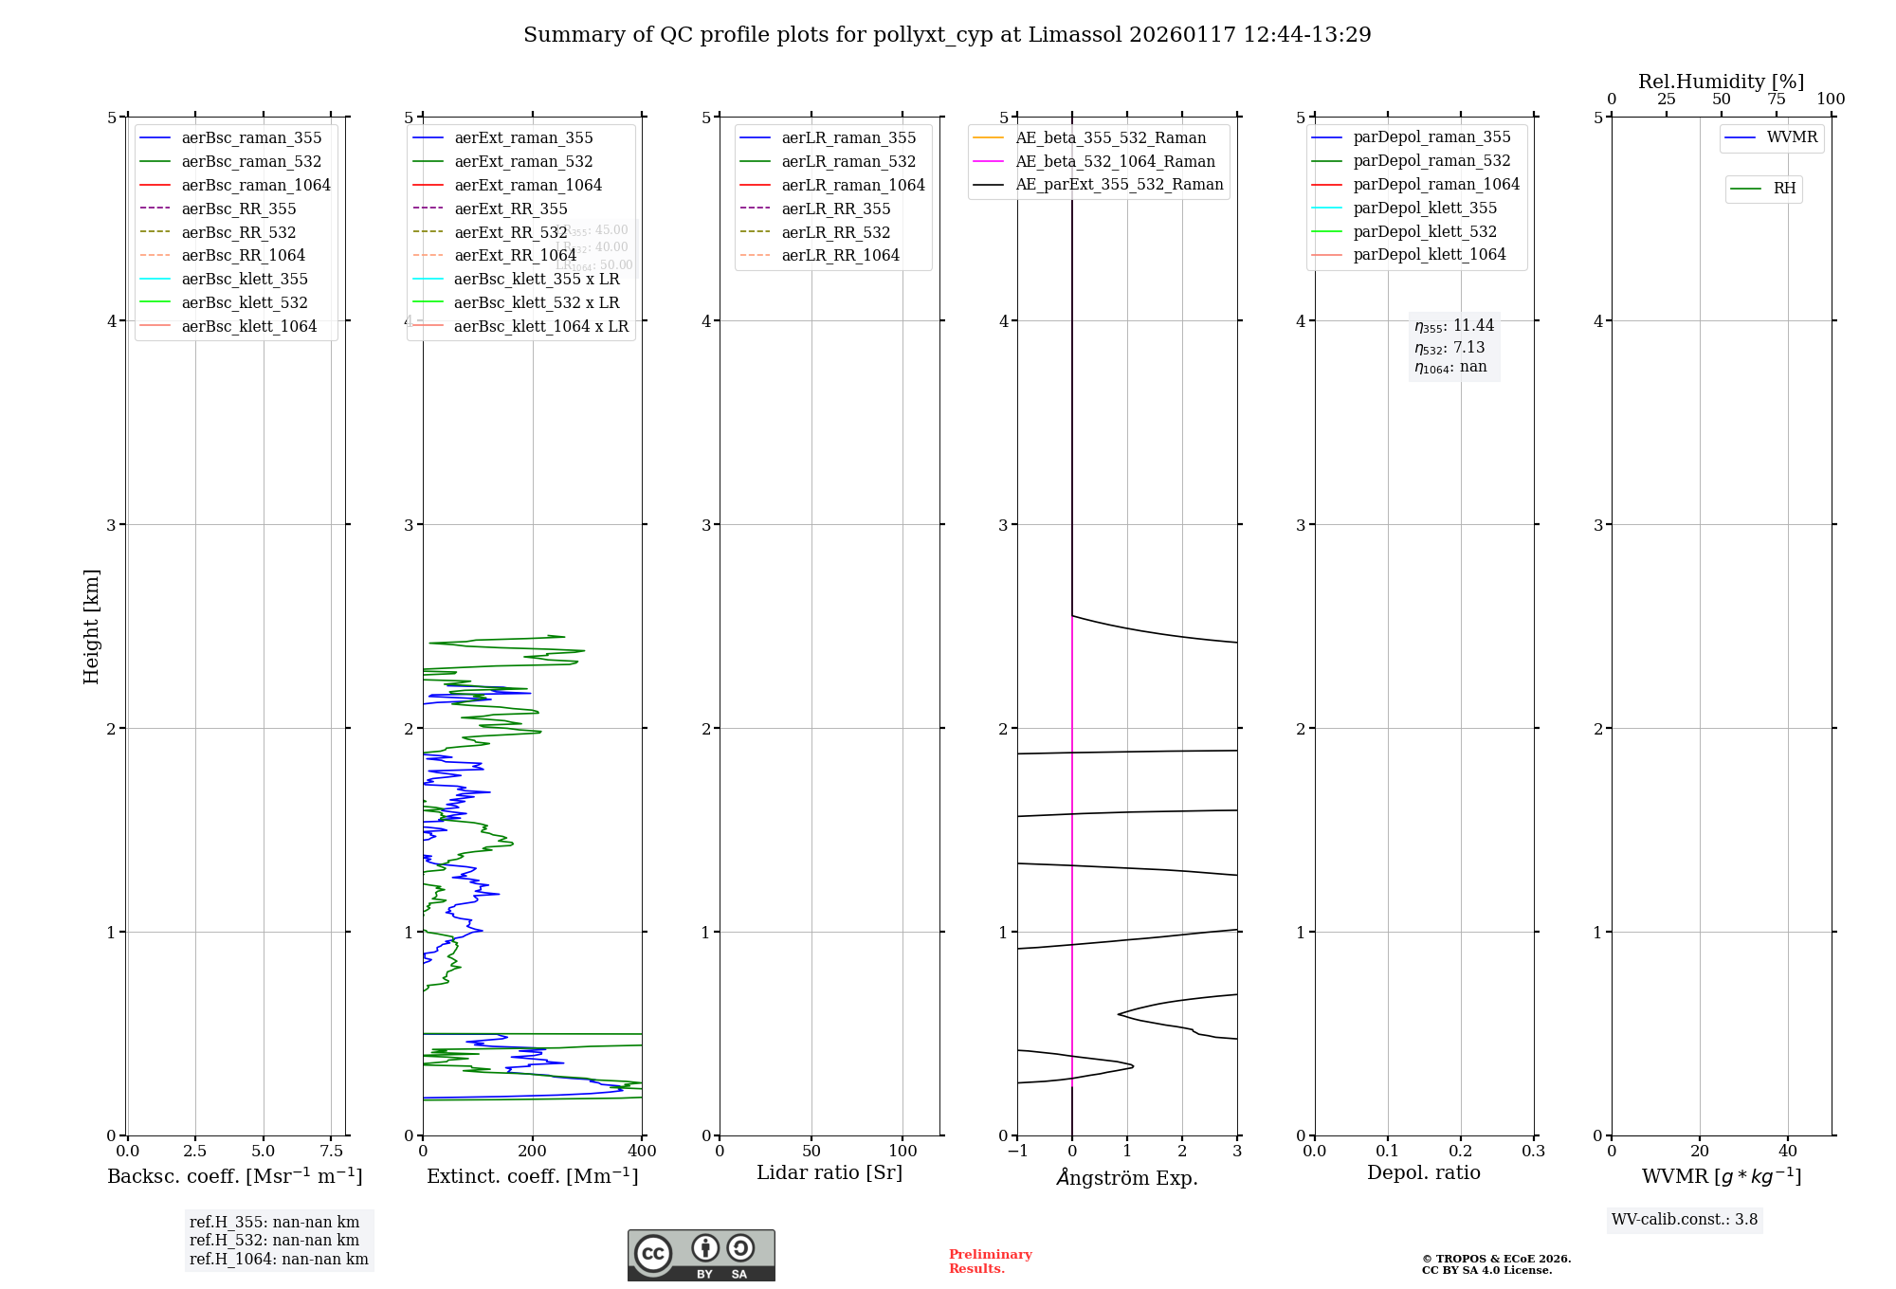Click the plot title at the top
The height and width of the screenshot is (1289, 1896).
pos(947,35)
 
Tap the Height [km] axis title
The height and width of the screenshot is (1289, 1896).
pos(91,626)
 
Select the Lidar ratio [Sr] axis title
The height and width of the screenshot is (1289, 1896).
pos(829,1172)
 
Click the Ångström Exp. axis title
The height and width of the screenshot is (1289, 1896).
pos(1127,1177)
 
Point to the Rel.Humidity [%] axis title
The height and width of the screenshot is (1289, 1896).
pos(1721,82)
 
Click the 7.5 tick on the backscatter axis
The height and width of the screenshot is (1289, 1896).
pos(331,1151)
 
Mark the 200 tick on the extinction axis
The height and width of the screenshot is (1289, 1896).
pos(533,1151)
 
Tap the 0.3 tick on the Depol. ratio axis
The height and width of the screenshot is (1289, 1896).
pos(1533,1151)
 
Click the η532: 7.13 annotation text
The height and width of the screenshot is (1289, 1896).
pos(1449,347)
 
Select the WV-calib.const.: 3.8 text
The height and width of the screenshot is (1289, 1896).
pos(1685,1219)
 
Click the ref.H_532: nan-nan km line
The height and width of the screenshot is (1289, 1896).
pos(274,1240)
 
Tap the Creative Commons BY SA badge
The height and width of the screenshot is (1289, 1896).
pos(701,1255)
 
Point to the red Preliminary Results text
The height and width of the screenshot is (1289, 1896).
pos(990,1261)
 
